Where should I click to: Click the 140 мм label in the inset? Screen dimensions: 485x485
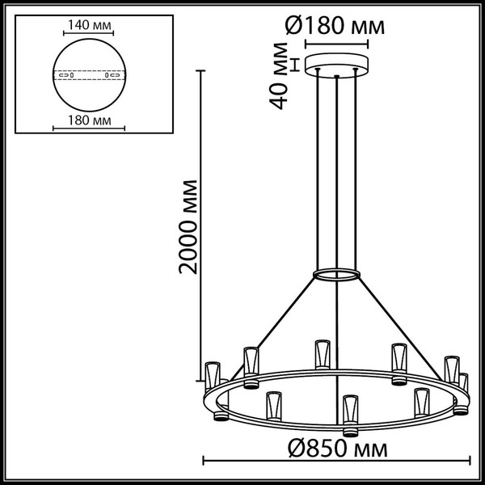(90, 26)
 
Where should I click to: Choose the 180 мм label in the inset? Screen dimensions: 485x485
(90, 122)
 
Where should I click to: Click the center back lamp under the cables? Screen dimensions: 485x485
(320, 352)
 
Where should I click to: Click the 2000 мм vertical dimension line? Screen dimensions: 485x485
(200, 226)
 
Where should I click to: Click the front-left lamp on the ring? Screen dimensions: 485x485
(272, 404)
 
